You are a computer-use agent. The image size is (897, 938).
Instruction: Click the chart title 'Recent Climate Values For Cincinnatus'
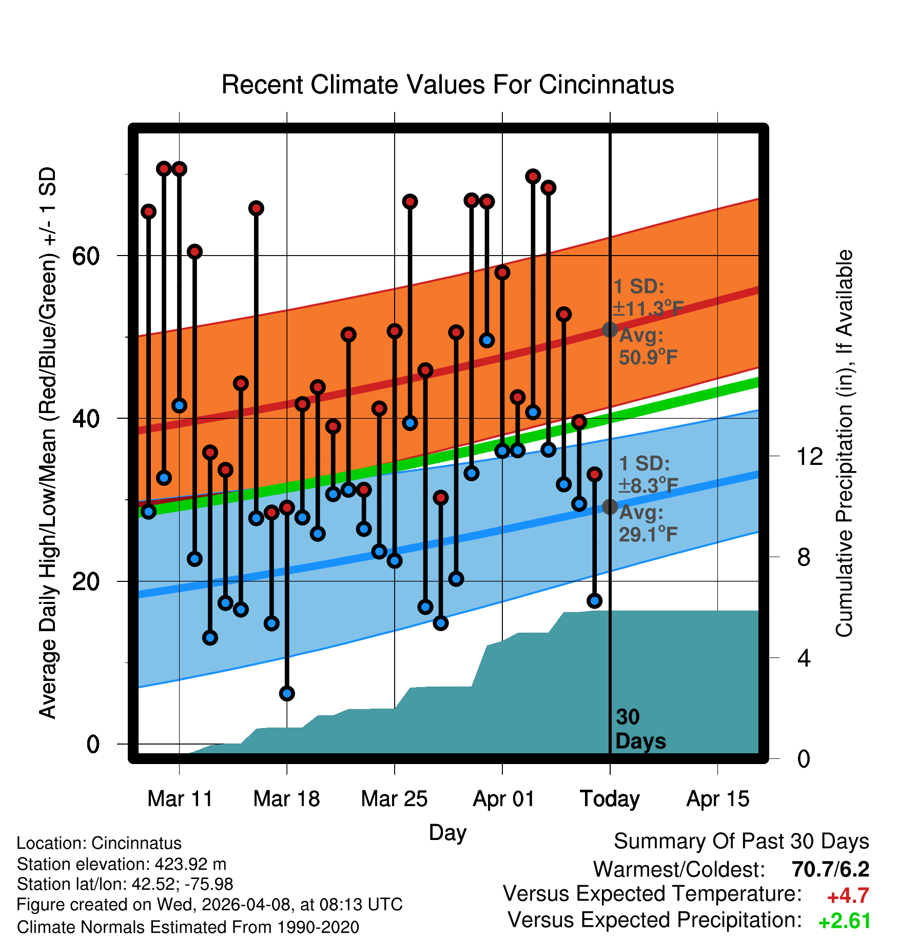(447, 85)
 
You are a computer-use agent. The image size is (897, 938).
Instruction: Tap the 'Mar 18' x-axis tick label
(287, 799)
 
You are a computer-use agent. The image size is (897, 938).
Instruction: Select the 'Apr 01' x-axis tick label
(503, 799)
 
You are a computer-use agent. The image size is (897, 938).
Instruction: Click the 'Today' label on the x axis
(610, 799)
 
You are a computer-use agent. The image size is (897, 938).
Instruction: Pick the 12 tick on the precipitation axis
(809, 456)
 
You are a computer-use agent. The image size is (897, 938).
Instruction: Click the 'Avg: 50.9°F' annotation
(648, 346)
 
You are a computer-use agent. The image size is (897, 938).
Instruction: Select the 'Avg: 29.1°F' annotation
(648, 523)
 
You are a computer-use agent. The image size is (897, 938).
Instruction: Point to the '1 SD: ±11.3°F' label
(648, 298)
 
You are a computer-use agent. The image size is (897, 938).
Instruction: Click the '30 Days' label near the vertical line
(640, 729)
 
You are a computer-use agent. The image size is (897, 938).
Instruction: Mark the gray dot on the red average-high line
(610, 329)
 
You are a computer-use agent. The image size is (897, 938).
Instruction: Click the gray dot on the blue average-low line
(610, 507)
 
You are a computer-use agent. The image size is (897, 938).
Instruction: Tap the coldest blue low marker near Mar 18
(287, 694)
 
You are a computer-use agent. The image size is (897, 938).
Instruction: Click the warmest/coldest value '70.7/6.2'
(830, 869)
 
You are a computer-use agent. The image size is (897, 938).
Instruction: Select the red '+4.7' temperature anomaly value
(848, 896)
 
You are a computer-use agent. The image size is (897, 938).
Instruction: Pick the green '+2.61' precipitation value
(845, 922)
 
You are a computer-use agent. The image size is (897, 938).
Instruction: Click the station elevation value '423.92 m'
(190, 864)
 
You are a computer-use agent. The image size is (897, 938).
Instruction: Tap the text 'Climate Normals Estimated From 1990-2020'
(188, 927)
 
